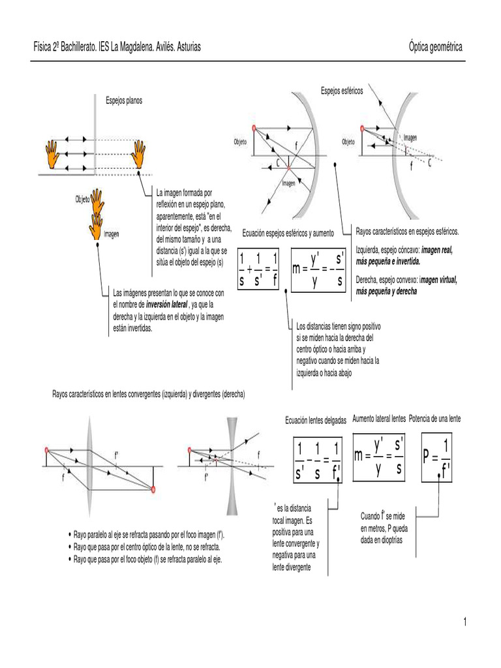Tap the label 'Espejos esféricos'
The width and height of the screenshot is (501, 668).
(342, 90)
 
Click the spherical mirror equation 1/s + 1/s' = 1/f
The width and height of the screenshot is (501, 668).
(259, 268)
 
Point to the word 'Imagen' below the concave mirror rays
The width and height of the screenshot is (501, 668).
(289, 183)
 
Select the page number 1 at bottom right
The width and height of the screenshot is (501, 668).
(466, 622)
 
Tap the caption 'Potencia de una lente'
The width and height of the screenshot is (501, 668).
(434, 418)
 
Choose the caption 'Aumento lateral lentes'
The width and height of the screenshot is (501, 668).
(379, 418)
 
